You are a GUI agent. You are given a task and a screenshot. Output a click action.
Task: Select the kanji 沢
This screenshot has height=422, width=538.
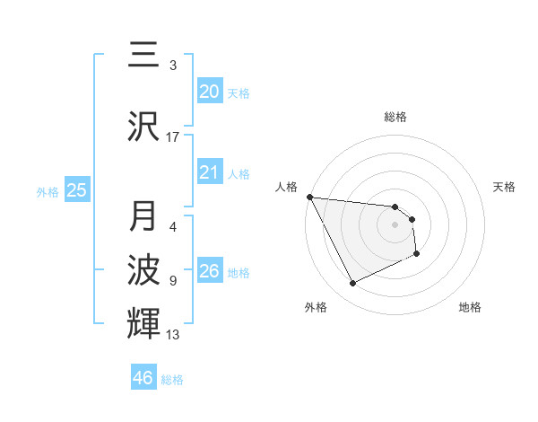[143, 126]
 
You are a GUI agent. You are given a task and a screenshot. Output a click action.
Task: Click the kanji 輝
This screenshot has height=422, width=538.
[143, 321]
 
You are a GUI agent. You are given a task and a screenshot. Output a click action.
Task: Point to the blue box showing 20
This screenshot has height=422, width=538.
[209, 92]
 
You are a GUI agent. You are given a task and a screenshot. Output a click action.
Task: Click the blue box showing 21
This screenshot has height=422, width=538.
[209, 172]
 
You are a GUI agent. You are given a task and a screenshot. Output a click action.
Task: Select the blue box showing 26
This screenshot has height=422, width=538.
[209, 271]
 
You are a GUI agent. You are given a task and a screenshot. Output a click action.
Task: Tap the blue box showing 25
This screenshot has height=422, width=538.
[76, 189]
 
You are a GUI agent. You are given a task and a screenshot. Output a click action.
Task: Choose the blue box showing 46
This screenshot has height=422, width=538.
[143, 378]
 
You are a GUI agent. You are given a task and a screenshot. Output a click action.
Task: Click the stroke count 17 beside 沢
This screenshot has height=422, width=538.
[173, 137]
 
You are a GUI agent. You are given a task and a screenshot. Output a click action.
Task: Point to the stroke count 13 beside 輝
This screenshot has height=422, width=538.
[173, 335]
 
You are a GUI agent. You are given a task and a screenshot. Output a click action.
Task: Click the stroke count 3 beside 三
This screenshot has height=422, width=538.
[173, 66]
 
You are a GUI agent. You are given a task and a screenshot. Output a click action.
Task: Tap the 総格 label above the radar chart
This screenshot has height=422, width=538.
[395, 117]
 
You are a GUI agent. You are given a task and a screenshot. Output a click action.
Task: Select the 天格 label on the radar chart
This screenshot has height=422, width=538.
[505, 187]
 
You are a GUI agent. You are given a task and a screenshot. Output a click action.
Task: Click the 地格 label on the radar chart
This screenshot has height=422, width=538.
[470, 307]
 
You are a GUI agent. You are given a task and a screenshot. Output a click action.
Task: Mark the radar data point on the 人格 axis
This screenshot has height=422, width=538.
[309, 197]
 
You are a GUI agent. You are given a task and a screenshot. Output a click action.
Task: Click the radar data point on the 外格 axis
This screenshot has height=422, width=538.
[352, 284]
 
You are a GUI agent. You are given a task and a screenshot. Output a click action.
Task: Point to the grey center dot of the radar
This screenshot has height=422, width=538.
[395, 225]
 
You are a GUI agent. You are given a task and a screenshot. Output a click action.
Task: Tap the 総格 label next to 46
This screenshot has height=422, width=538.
[172, 380]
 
